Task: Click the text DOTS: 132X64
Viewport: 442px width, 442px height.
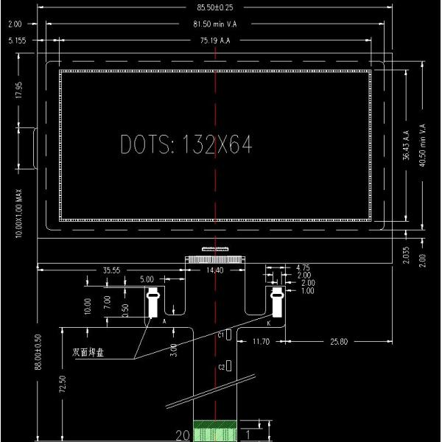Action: coord(186,145)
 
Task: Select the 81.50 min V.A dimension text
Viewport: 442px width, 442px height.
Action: coord(215,24)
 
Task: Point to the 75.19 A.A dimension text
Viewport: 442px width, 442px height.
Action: coord(215,41)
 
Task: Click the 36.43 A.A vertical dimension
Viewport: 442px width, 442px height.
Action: coord(406,146)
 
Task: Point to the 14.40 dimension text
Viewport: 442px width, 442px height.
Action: coord(215,272)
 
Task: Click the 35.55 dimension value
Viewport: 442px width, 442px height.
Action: coord(112,270)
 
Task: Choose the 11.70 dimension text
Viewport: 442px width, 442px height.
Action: coord(262,342)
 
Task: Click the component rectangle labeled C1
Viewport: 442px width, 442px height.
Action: coord(229,334)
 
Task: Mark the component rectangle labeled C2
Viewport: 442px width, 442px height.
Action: coord(229,365)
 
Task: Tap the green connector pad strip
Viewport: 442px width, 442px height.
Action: coord(215,432)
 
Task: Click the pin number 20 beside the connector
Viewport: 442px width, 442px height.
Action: coord(182,435)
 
